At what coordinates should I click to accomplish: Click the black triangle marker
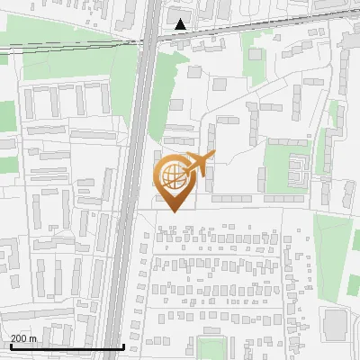pyautogui.click(x=182, y=24)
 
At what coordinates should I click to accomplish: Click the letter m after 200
pyautogui.click(x=33, y=338)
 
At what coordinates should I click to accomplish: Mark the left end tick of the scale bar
pyautogui.click(x=9, y=346)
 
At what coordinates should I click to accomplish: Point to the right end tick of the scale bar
pyautogui.click(x=123, y=346)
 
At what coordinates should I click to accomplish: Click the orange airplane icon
pyautogui.click(x=197, y=165)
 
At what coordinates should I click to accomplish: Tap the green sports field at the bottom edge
pyautogui.click(x=212, y=350)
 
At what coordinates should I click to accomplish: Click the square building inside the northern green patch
pyautogui.click(x=256, y=54)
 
